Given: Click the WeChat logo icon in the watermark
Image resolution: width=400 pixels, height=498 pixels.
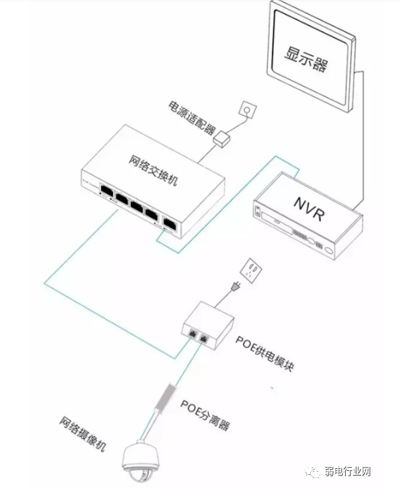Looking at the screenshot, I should point(311,472).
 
